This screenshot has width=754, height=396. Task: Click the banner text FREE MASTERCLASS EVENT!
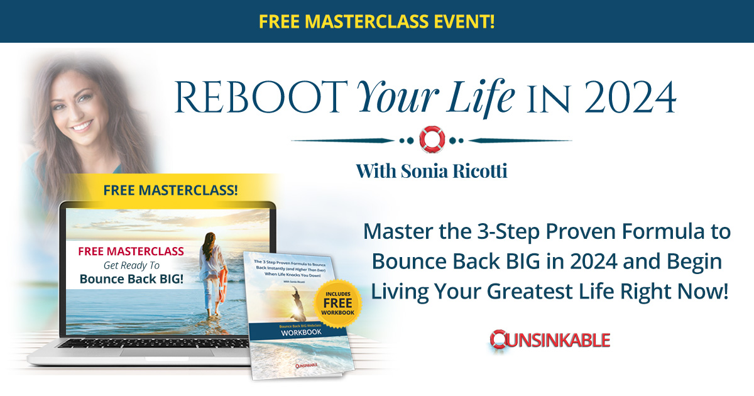point(376,21)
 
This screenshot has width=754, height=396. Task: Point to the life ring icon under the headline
point(431,139)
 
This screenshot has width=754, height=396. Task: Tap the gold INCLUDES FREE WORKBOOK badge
point(338,304)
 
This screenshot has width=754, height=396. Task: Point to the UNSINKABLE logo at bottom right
point(550,340)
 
